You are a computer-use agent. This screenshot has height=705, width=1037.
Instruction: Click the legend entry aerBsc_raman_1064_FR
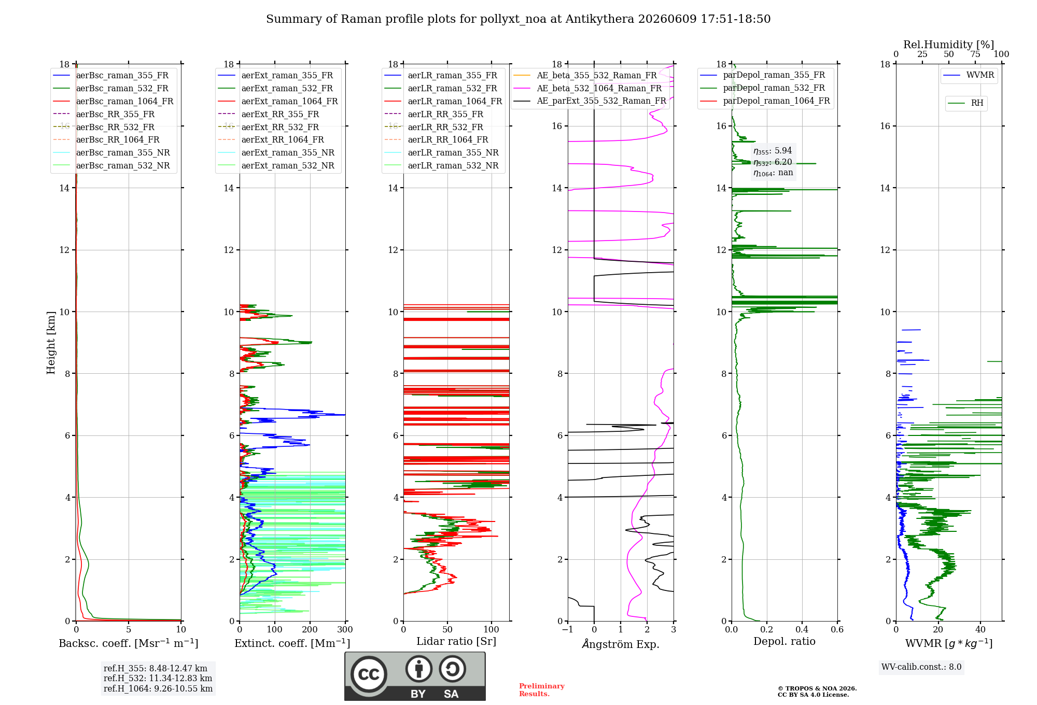(113, 101)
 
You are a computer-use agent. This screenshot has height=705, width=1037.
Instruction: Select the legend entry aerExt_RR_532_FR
(269, 127)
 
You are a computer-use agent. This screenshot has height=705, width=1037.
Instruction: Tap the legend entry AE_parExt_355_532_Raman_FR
(590, 101)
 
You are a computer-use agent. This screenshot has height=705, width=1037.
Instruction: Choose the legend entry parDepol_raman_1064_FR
(765, 101)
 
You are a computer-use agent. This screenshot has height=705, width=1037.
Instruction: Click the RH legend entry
(965, 103)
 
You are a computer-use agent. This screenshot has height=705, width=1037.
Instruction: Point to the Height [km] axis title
(51, 343)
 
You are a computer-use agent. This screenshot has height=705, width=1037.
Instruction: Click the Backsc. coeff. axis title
(128, 643)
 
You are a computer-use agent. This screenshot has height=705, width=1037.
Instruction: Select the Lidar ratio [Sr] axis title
(456, 642)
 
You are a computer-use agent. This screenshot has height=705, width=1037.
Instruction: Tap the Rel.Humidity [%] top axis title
(949, 45)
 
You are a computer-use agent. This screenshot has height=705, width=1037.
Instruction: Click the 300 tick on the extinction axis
(345, 630)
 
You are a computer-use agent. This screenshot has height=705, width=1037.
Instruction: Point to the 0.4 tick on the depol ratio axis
(802, 630)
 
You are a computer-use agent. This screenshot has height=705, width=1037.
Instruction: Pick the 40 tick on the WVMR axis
(980, 630)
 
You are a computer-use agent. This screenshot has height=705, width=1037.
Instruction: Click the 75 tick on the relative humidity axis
(975, 54)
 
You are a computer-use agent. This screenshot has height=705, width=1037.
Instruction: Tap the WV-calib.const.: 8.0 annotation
(921, 667)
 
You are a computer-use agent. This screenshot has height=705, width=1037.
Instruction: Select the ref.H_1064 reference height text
(158, 689)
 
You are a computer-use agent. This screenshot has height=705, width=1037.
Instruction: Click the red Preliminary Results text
(542, 690)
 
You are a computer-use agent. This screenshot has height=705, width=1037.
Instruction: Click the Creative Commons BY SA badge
(415, 676)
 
